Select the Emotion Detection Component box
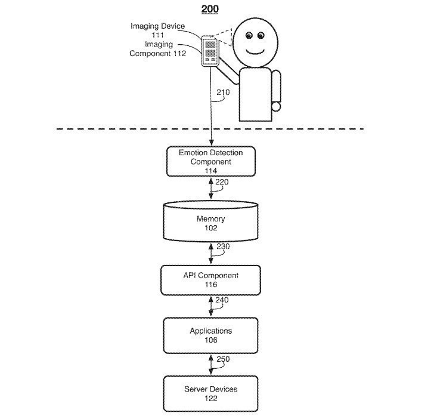pos(211,161)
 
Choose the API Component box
pos(211,280)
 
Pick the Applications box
pos(211,335)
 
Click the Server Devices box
pos(211,393)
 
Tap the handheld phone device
pos(209,51)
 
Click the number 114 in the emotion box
pos(211,170)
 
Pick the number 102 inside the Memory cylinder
pos(211,228)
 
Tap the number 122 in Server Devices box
pos(211,398)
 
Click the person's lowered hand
pos(276,107)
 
